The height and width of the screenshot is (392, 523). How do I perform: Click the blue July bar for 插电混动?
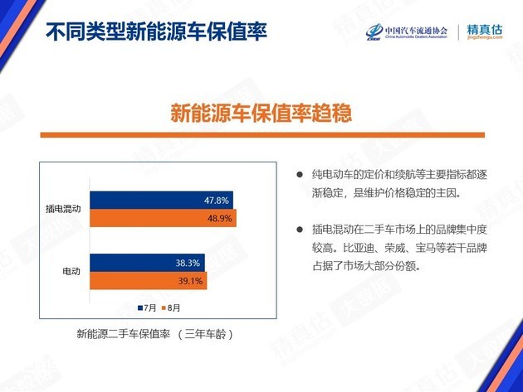(x=161, y=201)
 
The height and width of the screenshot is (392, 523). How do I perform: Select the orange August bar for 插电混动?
(x=163, y=218)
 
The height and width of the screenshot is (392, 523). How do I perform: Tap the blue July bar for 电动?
(x=147, y=263)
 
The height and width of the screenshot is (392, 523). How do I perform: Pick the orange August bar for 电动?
(x=148, y=281)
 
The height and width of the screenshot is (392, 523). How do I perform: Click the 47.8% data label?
(x=217, y=201)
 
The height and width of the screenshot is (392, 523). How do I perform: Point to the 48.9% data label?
(x=219, y=219)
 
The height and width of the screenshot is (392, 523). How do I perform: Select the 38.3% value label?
(x=188, y=263)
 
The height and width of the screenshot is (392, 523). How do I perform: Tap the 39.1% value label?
(x=190, y=281)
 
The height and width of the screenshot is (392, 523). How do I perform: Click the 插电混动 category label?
(x=63, y=209)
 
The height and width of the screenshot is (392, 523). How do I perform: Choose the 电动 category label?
(x=71, y=272)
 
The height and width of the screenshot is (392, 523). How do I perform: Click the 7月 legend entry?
(x=147, y=307)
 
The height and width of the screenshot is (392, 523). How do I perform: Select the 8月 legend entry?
(x=171, y=307)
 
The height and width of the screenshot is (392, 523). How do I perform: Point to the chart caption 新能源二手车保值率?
(x=124, y=334)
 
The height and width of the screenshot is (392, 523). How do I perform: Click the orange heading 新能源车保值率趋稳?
(x=261, y=113)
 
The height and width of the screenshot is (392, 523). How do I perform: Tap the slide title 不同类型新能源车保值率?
(x=156, y=32)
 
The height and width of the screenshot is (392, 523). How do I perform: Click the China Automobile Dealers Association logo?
(x=407, y=32)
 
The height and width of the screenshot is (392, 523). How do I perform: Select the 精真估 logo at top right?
(x=485, y=31)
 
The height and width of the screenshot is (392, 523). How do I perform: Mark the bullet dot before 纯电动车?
(x=300, y=175)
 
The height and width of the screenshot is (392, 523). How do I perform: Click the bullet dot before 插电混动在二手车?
(x=300, y=230)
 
